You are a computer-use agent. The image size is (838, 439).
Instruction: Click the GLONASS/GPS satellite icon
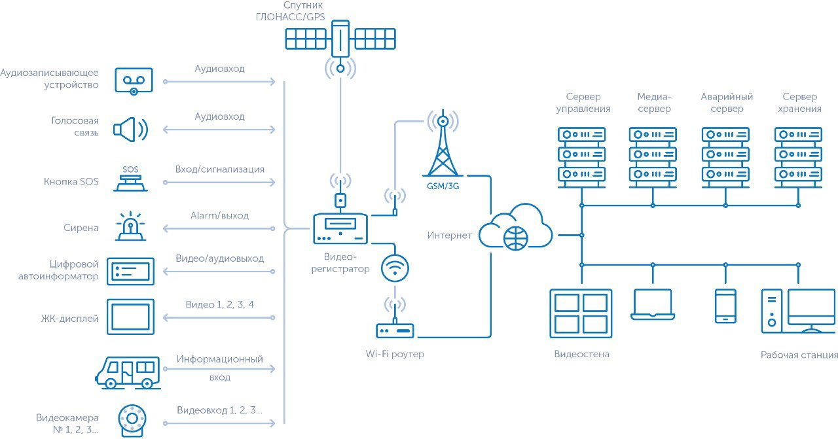point(340,39)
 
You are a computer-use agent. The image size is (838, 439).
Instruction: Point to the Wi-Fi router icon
point(395,330)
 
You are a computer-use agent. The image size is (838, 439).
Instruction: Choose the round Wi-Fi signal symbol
point(395,268)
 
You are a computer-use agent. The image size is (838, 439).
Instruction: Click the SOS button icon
point(130,179)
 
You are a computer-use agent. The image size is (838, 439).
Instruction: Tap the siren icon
point(131,226)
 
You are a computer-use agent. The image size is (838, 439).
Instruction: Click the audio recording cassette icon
point(134,80)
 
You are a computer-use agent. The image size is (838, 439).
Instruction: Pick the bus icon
point(127,373)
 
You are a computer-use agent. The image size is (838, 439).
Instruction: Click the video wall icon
point(581,314)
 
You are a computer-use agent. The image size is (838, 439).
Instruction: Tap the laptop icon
point(653,305)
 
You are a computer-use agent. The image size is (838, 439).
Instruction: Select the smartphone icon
point(725,306)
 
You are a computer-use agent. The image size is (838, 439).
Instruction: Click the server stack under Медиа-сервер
point(653,155)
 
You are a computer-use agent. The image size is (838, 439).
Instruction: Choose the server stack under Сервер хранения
point(798,155)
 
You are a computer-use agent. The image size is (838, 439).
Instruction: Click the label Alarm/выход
point(219,215)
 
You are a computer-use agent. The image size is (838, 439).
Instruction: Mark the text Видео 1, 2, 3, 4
point(219,305)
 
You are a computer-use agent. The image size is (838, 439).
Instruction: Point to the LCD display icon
point(130,317)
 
